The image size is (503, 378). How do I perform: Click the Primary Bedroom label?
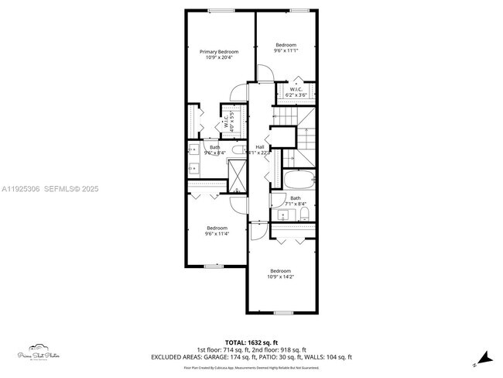pos(221,52)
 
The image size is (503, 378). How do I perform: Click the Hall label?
pos(260,146)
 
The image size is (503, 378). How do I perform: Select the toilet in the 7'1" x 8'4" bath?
pos(305,213)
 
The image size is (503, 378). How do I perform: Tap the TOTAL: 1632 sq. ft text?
pos(252,342)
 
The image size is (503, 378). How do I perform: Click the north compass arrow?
pos(484,357)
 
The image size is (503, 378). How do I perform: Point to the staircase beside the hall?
pos(306,139)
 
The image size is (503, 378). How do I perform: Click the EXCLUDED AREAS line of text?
pos(252,357)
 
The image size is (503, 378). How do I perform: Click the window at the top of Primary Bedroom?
pos(220,10)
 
